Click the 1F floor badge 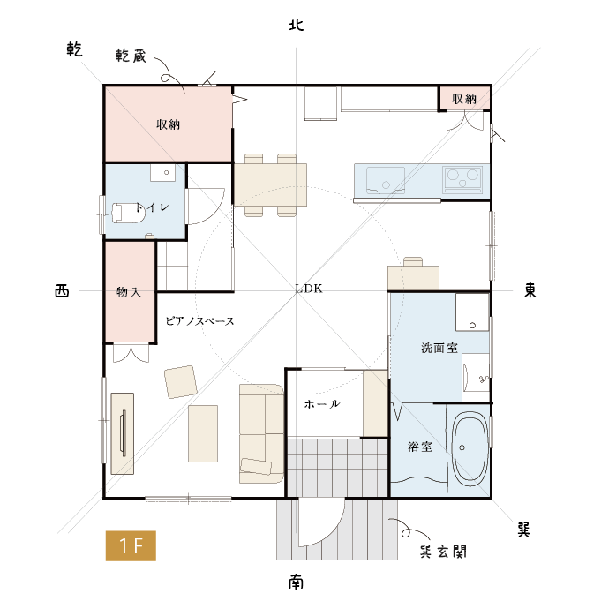131,545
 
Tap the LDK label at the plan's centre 309,289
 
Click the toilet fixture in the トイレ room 128,214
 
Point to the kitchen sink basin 386,180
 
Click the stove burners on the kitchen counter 462,179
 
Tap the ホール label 322,403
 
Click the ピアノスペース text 199,321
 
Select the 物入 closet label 129,292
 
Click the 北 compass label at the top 296,26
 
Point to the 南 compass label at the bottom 296,582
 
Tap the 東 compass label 530,289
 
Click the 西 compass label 62,291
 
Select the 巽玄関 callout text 443,552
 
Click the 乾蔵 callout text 131,56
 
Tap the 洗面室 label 439,348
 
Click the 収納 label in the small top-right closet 464,99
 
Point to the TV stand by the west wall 123,433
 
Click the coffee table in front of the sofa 203,433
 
